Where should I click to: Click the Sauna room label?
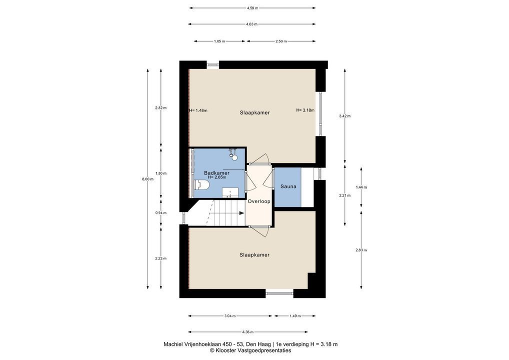point(288,186)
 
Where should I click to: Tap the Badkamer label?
point(216,173)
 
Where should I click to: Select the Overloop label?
point(259,201)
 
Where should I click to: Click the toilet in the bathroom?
point(201,185)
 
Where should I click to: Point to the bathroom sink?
point(230,192)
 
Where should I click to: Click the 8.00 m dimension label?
point(147,179)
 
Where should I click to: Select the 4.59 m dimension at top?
point(252,8)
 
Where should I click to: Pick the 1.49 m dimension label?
point(295,316)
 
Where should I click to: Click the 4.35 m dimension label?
point(247,332)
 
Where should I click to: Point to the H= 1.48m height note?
point(198,110)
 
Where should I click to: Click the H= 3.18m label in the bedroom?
point(305,110)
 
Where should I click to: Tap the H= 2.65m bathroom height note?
point(217,177)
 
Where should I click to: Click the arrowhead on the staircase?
point(242,213)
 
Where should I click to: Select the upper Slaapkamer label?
point(255,112)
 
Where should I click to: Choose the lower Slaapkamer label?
point(254,255)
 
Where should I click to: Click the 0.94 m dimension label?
point(161,213)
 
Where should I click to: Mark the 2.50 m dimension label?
point(281,41)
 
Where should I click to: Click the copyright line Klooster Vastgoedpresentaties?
point(250,350)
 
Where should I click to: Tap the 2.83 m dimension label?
point(361,250)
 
